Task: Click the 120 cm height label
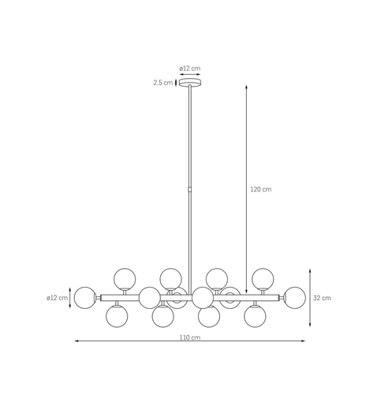[261, 189]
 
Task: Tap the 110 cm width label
[190, 337]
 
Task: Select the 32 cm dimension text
[322, 298]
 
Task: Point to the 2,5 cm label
[163, 83]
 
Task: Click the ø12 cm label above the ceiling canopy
[190, 69]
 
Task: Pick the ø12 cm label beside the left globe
[58, 298]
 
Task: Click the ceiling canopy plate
[190, 83]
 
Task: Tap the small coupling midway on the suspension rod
[190, 189]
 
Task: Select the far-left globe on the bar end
[85, 298]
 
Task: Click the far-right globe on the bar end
[295, 298]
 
